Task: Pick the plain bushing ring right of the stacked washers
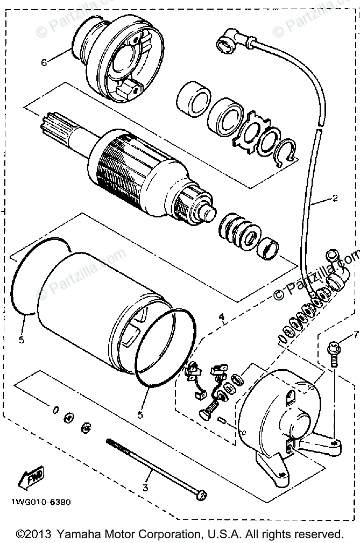point(269,249)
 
